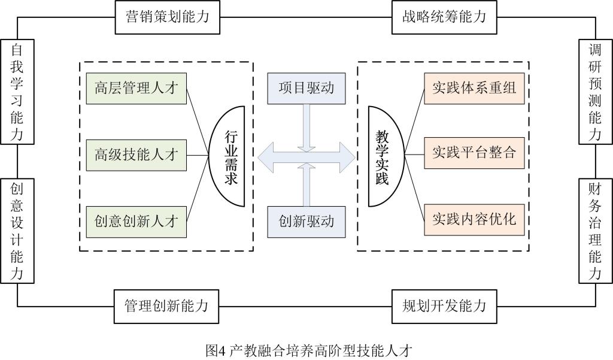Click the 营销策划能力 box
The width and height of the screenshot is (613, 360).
167,17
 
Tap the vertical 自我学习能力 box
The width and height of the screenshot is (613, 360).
17,92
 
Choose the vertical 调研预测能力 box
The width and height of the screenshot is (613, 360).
594,92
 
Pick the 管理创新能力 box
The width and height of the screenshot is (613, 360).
166,305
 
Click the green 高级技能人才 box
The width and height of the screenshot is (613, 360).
136,155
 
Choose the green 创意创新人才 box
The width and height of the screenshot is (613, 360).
136,220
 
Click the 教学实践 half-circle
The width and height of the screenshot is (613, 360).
383,156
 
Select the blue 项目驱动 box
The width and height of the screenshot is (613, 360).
306,88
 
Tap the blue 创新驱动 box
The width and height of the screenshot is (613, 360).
306,221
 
